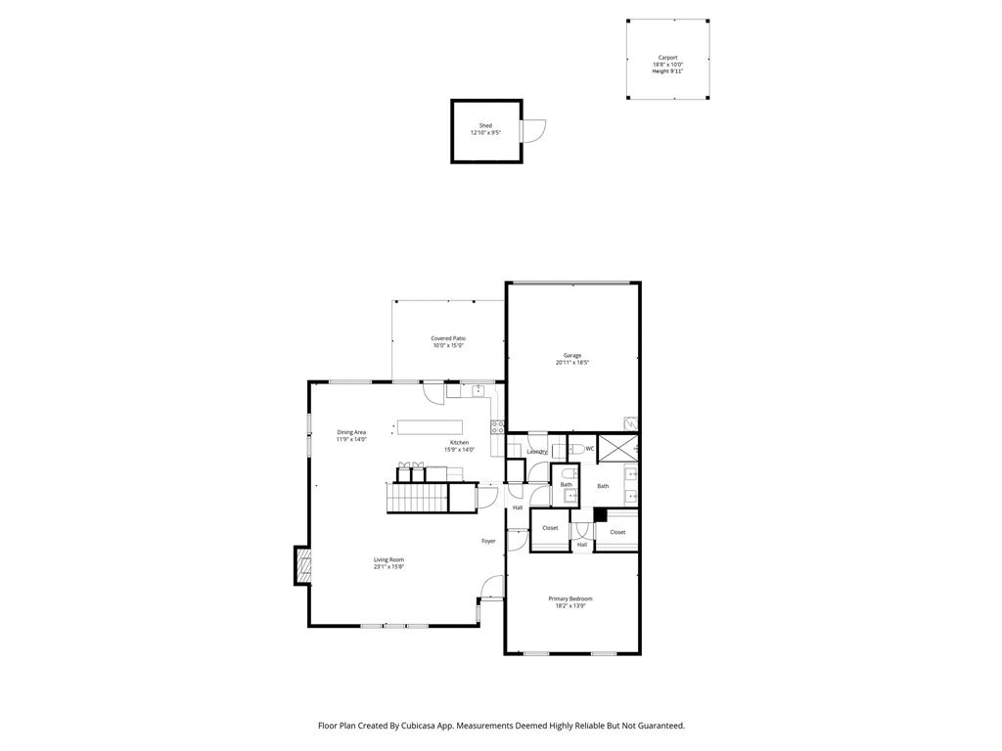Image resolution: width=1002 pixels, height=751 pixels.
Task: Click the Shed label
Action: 485,125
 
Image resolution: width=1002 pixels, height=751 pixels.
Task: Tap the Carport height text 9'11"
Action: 667,71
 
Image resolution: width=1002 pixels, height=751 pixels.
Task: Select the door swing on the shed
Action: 533,131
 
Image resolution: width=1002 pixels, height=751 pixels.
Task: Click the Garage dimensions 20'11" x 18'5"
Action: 572,363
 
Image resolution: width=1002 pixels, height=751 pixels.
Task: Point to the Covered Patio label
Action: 448,338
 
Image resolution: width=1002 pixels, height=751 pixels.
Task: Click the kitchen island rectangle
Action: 430,426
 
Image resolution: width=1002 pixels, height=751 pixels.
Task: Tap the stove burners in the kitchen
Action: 497,427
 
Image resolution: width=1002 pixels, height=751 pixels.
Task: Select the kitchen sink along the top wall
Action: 478,390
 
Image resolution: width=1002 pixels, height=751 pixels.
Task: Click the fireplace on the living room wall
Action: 303,565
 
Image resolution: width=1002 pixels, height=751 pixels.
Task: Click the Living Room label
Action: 388,559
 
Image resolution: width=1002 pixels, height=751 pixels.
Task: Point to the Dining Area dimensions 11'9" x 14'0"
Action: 351,440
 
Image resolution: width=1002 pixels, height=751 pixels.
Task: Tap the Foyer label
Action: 488,541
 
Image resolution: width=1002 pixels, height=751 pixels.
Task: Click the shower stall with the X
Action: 617,449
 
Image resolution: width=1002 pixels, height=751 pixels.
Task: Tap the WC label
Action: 590,449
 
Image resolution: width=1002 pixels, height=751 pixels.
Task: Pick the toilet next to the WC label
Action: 575,450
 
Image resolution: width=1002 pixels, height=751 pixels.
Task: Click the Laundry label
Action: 536,452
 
